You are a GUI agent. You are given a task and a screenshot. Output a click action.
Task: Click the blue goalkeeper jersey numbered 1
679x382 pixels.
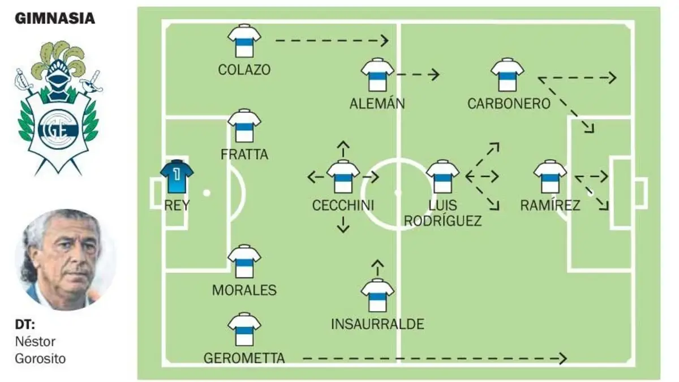177,177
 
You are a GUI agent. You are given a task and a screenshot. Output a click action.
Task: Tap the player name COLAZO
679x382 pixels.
244,70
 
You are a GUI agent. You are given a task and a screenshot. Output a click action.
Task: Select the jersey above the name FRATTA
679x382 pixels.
244,126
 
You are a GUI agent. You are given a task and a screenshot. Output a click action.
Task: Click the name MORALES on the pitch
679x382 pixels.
244,290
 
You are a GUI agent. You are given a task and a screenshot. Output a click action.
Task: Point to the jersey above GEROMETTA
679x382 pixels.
244,329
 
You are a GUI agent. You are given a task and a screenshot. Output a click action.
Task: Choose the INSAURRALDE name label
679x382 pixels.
377,324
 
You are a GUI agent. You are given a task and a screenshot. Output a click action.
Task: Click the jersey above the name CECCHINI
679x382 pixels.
343,177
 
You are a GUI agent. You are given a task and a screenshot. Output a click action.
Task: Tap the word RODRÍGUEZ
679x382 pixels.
442,221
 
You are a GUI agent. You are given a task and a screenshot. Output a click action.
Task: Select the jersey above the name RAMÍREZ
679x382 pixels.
550,177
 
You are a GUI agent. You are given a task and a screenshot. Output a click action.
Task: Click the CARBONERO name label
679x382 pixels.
509,104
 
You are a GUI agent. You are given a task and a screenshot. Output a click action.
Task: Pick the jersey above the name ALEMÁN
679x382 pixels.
377,75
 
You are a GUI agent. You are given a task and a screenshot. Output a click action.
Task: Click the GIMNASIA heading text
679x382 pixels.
55,19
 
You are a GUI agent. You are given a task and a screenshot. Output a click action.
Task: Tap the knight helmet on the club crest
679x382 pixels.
58,78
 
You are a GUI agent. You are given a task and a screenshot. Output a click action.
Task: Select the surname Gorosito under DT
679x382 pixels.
40,359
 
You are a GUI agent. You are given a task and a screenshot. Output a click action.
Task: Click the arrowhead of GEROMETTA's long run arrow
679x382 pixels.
563,359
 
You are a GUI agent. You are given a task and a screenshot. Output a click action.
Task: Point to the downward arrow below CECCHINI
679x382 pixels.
343,225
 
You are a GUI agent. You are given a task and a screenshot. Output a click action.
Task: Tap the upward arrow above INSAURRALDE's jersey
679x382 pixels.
377,268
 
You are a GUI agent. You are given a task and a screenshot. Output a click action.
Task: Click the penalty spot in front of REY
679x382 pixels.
207,193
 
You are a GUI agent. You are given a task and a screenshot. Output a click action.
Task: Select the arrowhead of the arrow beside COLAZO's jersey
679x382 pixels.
385,41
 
